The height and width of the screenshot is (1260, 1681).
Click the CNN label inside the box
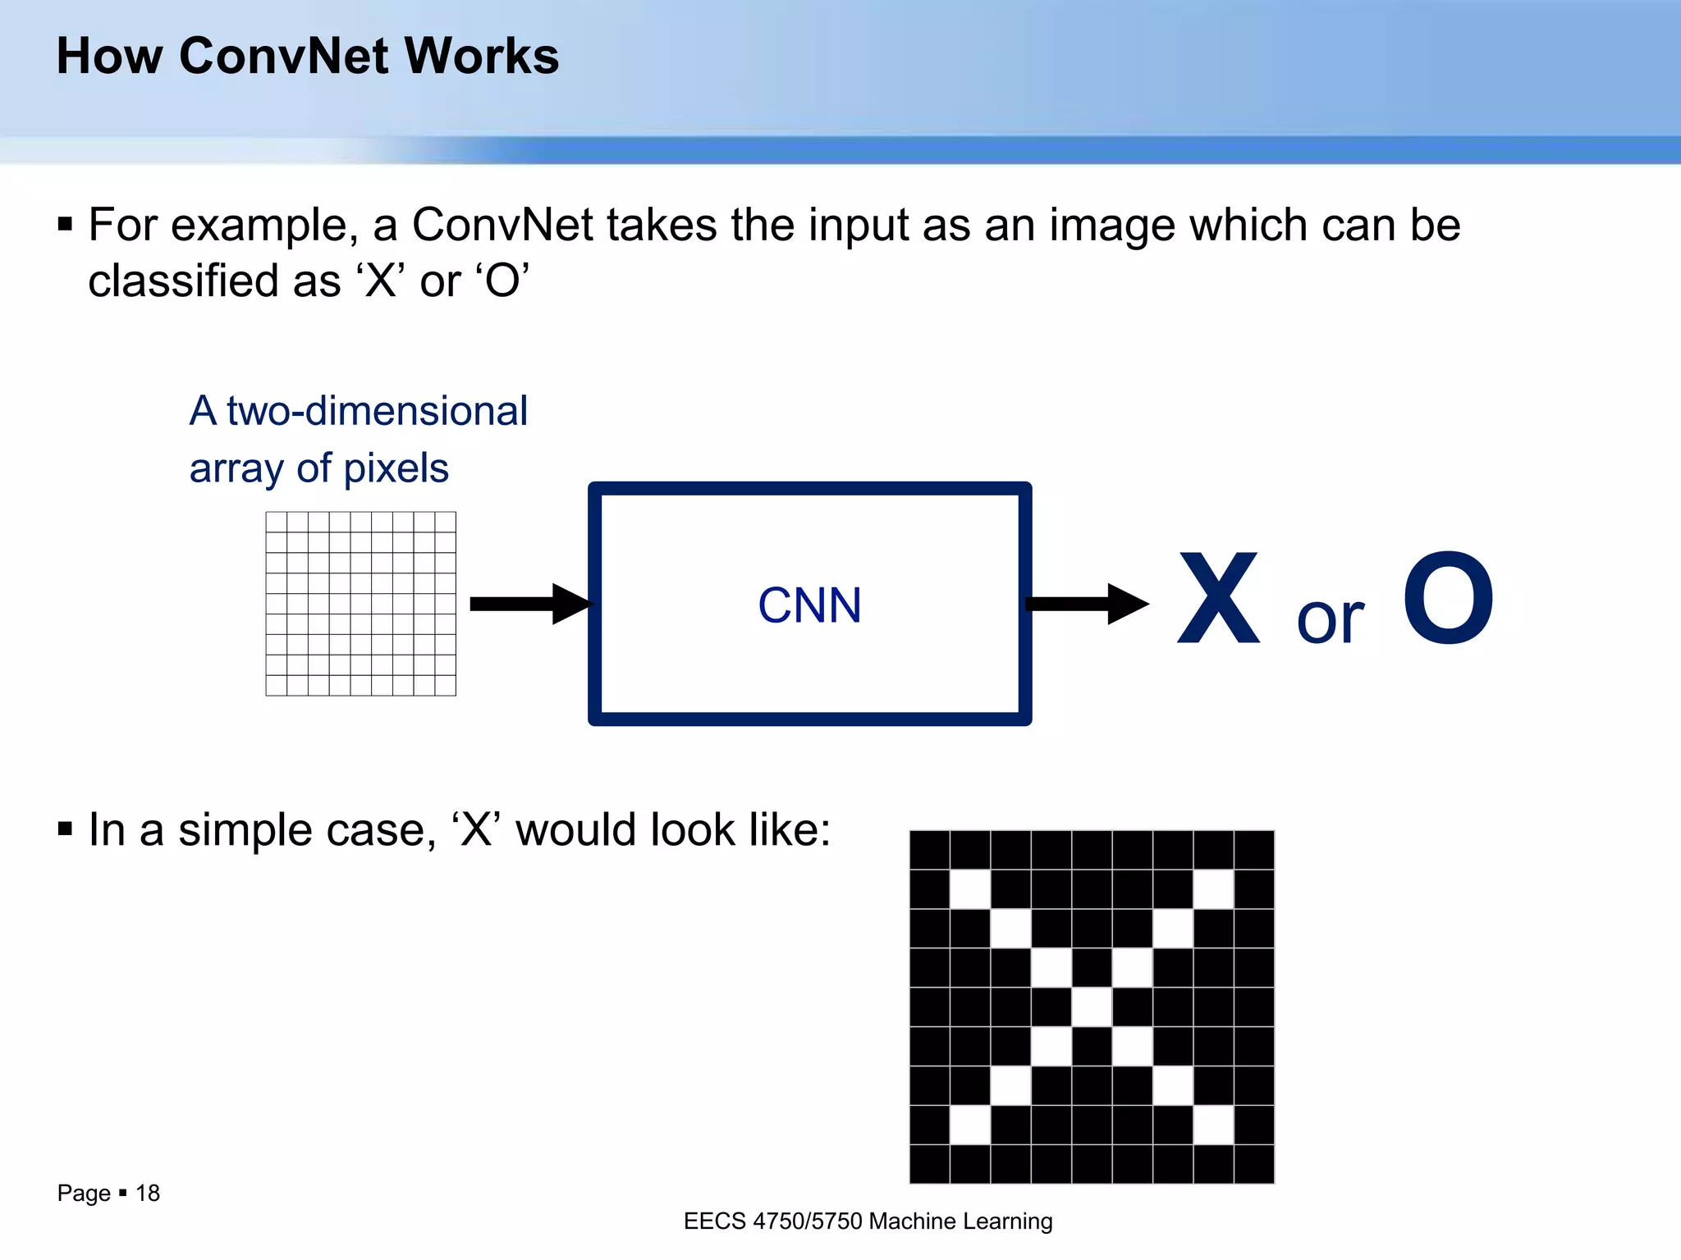[809, 605]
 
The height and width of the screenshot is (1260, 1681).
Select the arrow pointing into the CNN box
[529, 604]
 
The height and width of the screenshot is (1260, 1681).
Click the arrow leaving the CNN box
[1087, 604]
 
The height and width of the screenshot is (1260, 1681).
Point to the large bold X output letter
[1218, 599]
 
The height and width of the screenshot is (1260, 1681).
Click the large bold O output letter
[1448, 599]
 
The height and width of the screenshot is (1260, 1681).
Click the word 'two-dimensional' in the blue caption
[377, 411]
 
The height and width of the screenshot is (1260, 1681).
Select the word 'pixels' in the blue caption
[396, 468]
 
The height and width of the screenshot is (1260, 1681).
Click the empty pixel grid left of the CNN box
[360, 604]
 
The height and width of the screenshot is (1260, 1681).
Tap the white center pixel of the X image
[1092, 1007]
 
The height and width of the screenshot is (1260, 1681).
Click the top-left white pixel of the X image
[970, 888]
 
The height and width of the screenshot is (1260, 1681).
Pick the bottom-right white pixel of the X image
[1213, 1125]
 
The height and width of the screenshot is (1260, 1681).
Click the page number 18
[148, 1193]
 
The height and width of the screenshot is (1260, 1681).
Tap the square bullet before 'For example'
[66, 225]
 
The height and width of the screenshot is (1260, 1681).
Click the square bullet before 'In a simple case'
[66, 829]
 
